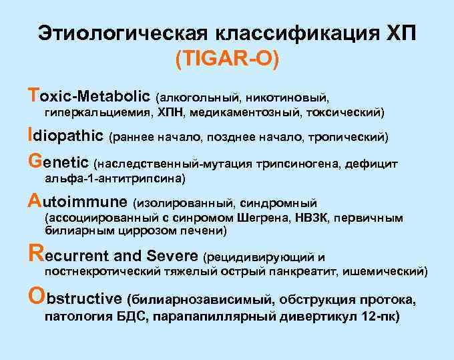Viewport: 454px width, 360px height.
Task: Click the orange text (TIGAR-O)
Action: pyautogui.click(x=227, y=59)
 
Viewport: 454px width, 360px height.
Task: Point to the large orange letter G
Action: pyautogui.click(x=35, y=162)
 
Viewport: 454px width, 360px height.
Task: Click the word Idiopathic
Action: pyautogui.click(x=66, y=137)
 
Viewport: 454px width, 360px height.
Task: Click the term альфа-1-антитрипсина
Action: pyautogui.click(x=114, y=179)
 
